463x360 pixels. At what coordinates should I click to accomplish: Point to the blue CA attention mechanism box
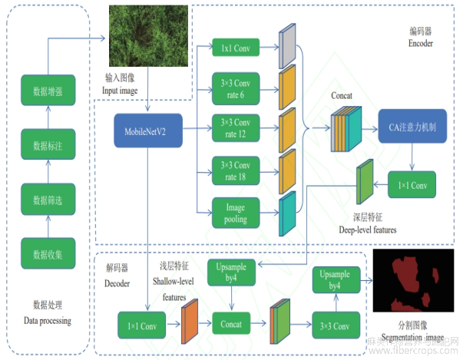tap(412, 127)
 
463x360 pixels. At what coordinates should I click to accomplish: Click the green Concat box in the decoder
tap(231, 324)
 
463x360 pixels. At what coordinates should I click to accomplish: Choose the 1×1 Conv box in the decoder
tap(144, 324)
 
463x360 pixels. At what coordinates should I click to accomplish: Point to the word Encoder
tap(421, 44)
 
